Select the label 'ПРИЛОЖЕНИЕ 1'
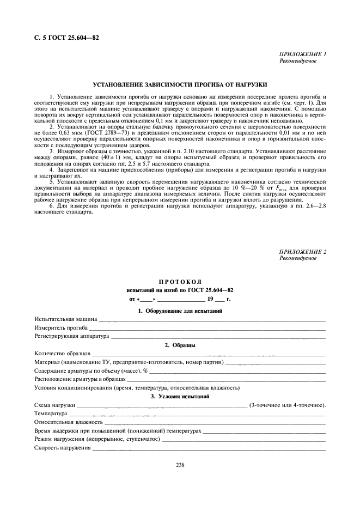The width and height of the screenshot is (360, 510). [x=302, y=54]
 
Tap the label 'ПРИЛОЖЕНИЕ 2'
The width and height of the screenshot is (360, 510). [x=302, y=252]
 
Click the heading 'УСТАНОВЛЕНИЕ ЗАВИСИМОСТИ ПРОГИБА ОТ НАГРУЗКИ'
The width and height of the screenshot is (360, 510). [x=180, y=86]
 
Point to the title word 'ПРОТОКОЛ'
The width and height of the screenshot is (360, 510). [x=180, y=282]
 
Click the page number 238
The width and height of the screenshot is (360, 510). [x=180, y=465]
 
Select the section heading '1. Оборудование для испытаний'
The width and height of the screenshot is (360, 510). [x=180, y=311]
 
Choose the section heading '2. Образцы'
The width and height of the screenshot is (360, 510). [x=180, y=345]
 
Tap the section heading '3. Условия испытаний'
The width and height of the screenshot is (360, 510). [x=180, y=397]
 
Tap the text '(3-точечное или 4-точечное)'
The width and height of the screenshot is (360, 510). [x=287, y=405]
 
